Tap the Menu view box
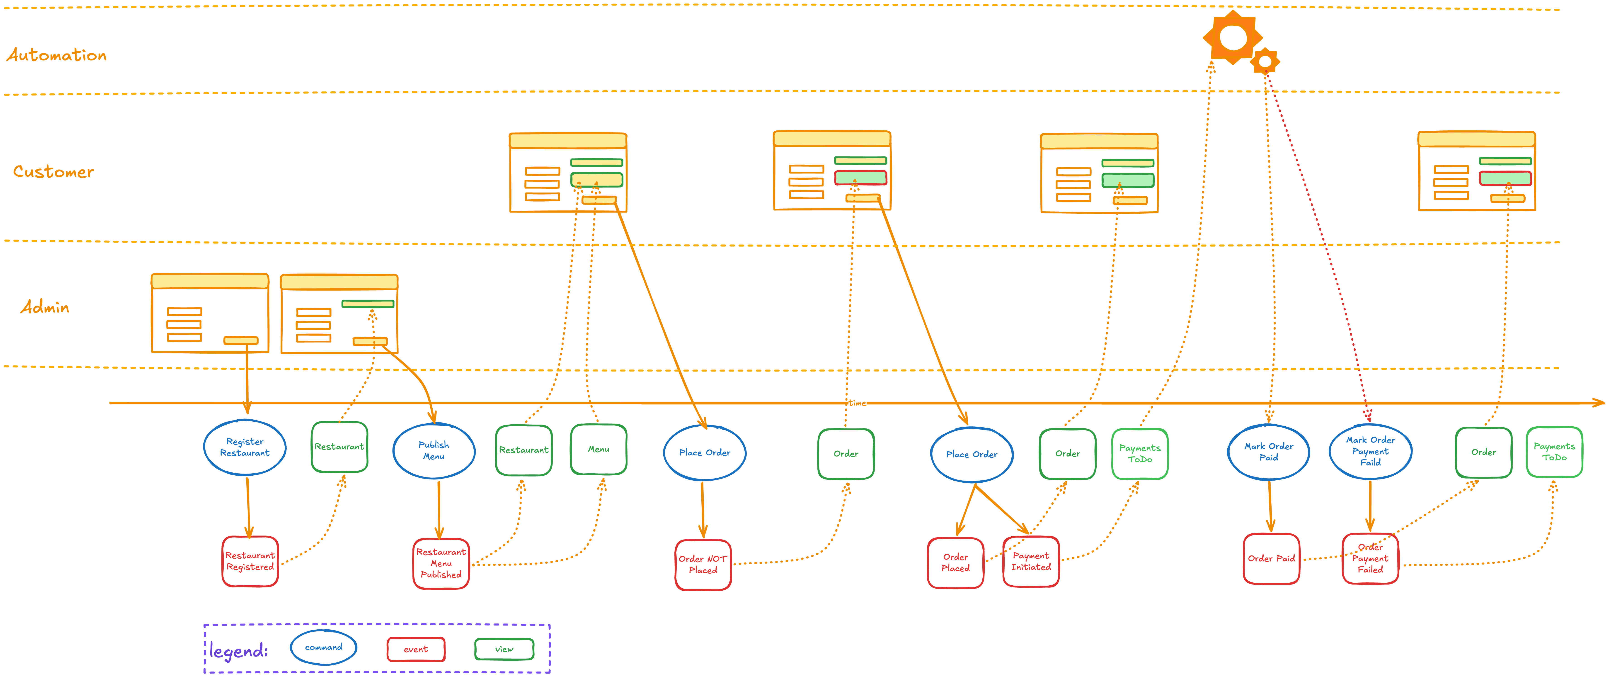[598, 450]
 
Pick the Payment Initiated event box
[1031, 561]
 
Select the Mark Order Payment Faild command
[1370, 451]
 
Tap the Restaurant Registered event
[250, 561]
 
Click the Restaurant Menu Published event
[441, 563]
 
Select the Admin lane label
[45, 307]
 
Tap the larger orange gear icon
[1232, 37]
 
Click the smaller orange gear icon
[1265, 61]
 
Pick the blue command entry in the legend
[324, 648]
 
